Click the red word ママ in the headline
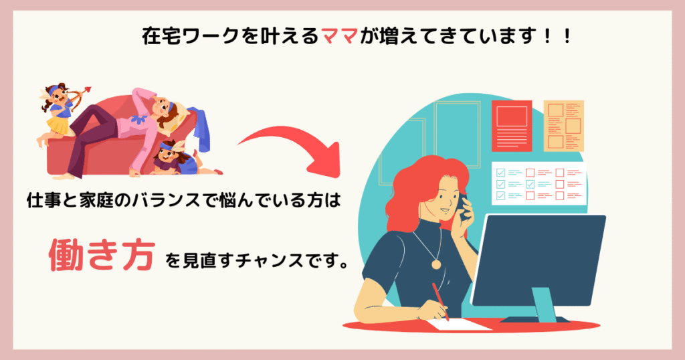tap(339, 37)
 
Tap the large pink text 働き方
tap(102, 255)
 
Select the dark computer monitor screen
tap(539, 260)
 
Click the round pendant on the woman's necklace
tap(436, 264)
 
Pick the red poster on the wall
tap(512, 126)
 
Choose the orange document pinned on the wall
tap(563, 126)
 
